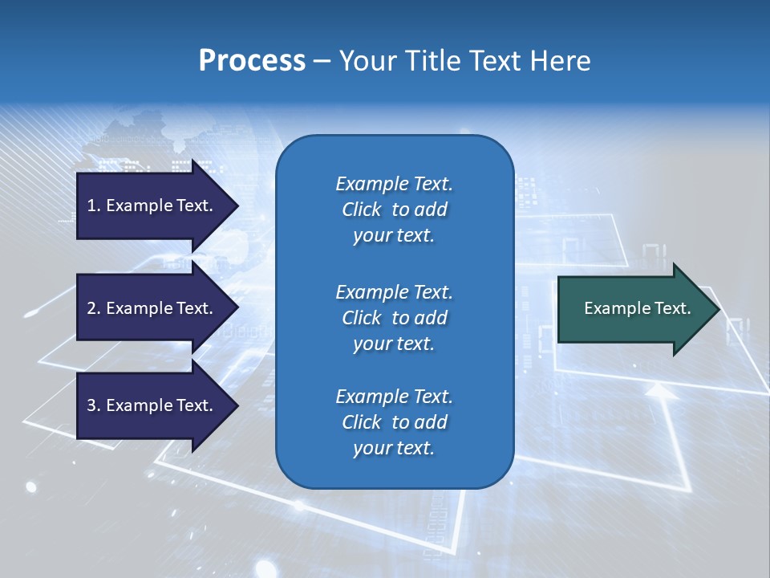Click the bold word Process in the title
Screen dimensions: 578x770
(252, 61)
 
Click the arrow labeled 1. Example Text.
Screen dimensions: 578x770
(152, 206)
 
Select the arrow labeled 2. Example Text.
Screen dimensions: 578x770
(152, 308)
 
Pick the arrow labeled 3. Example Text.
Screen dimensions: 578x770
(152, 405)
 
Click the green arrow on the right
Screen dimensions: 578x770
(634, 308)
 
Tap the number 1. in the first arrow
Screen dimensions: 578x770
(94, 206)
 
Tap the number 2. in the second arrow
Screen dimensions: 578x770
(94, 308)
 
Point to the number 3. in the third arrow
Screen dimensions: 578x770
(94, 405)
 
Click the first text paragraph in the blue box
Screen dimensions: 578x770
(394, 210)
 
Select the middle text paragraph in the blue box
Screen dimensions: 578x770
(394, 318)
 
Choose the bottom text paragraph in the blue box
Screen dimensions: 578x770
(394, 422)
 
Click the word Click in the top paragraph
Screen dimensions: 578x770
(362, 210)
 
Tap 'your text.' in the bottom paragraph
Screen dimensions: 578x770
(394, 448)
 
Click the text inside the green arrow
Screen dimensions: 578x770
(637, 308)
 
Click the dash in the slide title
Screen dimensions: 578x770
(322, 61)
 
